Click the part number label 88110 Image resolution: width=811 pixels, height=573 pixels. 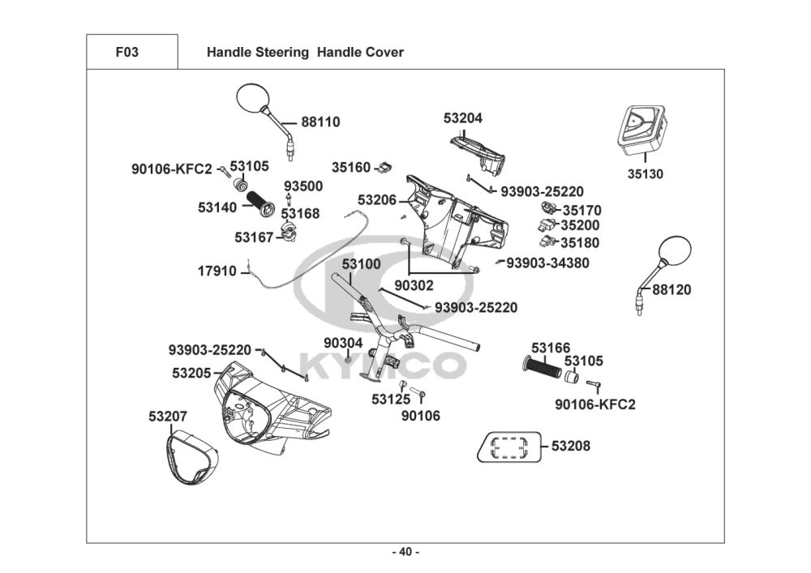[x=320, y=122]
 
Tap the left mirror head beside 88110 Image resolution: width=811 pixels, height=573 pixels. [x=252, y=100]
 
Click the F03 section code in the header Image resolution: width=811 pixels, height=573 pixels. [x=127, y=53]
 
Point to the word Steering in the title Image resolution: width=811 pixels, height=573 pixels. [x=280, y=53]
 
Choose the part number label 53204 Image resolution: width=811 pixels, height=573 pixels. [x=463, y=118]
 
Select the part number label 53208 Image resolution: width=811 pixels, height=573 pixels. [x=571, y=446]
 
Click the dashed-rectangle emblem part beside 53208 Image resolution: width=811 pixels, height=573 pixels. [x=509, y=447]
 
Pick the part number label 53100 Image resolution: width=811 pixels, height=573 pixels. [x=361, y=265]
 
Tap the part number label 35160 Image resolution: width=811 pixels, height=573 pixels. [x=351, y=168]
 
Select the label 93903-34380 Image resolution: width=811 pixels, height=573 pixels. [x=547, y=263]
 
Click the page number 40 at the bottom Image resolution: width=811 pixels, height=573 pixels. [x=405, y=552]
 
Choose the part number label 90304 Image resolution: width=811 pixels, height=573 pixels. [x=343, y=343]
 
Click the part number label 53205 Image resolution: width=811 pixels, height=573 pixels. [x=191, y=374]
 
